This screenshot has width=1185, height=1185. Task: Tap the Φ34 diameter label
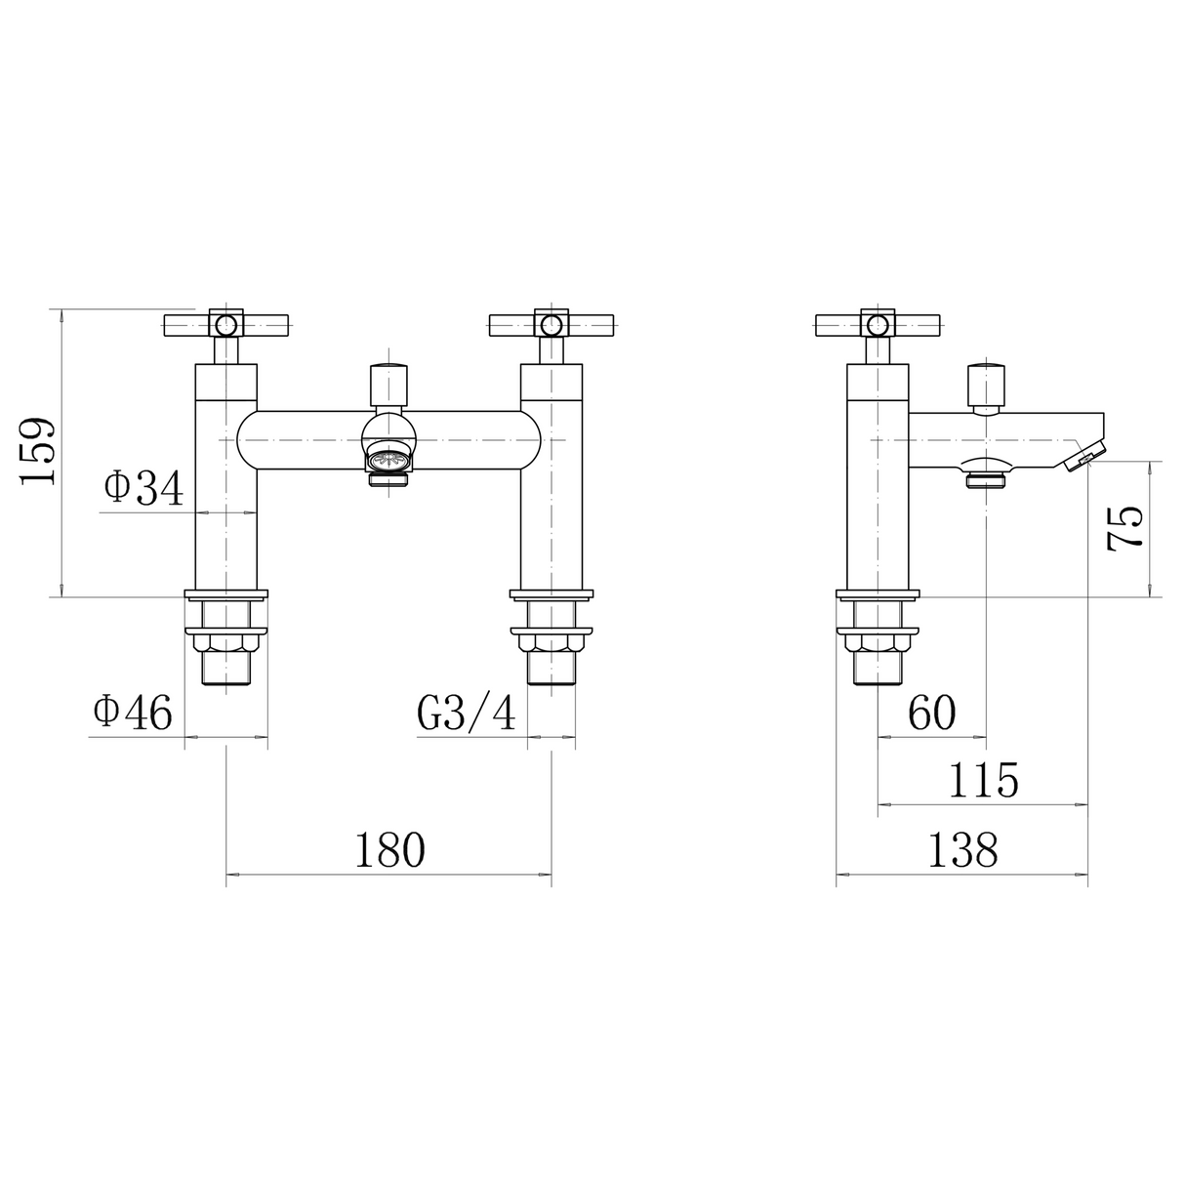[x=143, y=488]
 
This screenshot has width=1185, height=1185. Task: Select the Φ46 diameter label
[x=133, y=713]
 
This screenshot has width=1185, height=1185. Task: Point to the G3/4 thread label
[x=467, y=714]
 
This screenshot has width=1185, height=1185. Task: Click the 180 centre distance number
[x=389, y=849]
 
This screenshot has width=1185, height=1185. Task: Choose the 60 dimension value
[x=931, y=714]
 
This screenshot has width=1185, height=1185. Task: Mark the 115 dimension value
[x=982, y=781]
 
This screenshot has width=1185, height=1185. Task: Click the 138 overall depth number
[x=961, y=849]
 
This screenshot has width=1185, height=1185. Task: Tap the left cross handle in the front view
[x=226, y=324]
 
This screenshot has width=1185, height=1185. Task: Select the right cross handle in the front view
[x=552, y=324]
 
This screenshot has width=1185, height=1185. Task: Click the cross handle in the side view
[x=878, y=324]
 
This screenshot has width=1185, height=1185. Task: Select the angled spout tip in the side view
[x=1085, y=456]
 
